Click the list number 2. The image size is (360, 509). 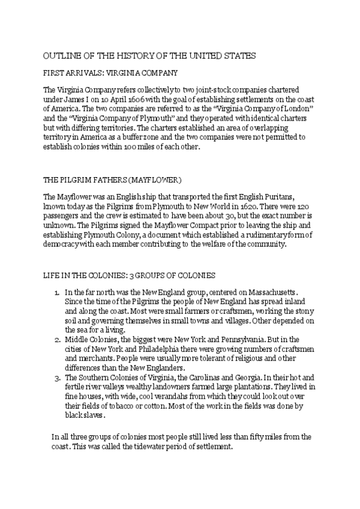click(x=56, y=340)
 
